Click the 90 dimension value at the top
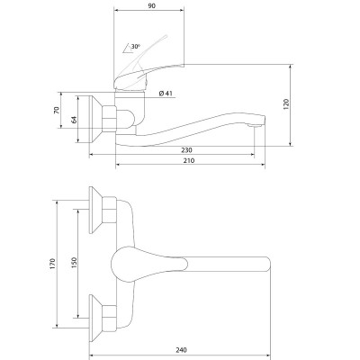tap(152, 5)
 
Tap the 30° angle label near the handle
tap(135, 47)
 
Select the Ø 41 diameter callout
tap(166, 94)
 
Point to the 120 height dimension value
tap(286, 104)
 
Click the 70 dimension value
tap(57, 110)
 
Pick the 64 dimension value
tap(74, 120)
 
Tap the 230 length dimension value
tap(186, 150)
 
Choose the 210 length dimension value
tap(189, 160)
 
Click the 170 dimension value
tap(53, 264)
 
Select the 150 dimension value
tap(75, 263)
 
